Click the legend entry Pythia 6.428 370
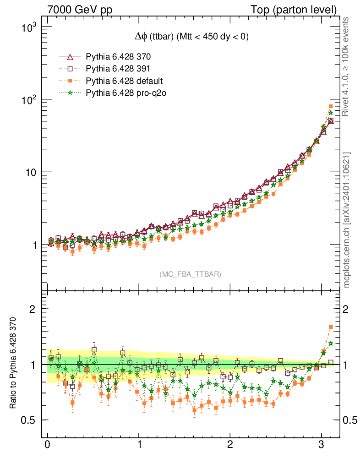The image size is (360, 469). pyautogui.click(x=118, y=57)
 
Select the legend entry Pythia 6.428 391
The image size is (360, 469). pyautogui.click(x=118, y=69)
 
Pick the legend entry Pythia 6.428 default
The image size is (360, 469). pyautogui.click(x=124, y=81)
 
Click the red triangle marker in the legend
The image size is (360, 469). pyautogui.click(x=70, y=57)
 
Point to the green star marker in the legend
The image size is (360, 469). pyautogui.click(x=70, y=93)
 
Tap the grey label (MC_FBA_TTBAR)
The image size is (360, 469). pyautogui.click(x=191, y=274)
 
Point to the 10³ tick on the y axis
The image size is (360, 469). pyautogui.click(x=28, y=27)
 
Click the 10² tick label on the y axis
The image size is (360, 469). pyautogui.click(x=28, y=100)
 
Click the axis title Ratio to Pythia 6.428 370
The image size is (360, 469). pyautogui.click(x=13, y=364)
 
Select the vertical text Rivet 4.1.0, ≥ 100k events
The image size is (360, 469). pyautogui.click(x=347, y=67)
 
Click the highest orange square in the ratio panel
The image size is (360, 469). pyautogui.click(x=331, y=327)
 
